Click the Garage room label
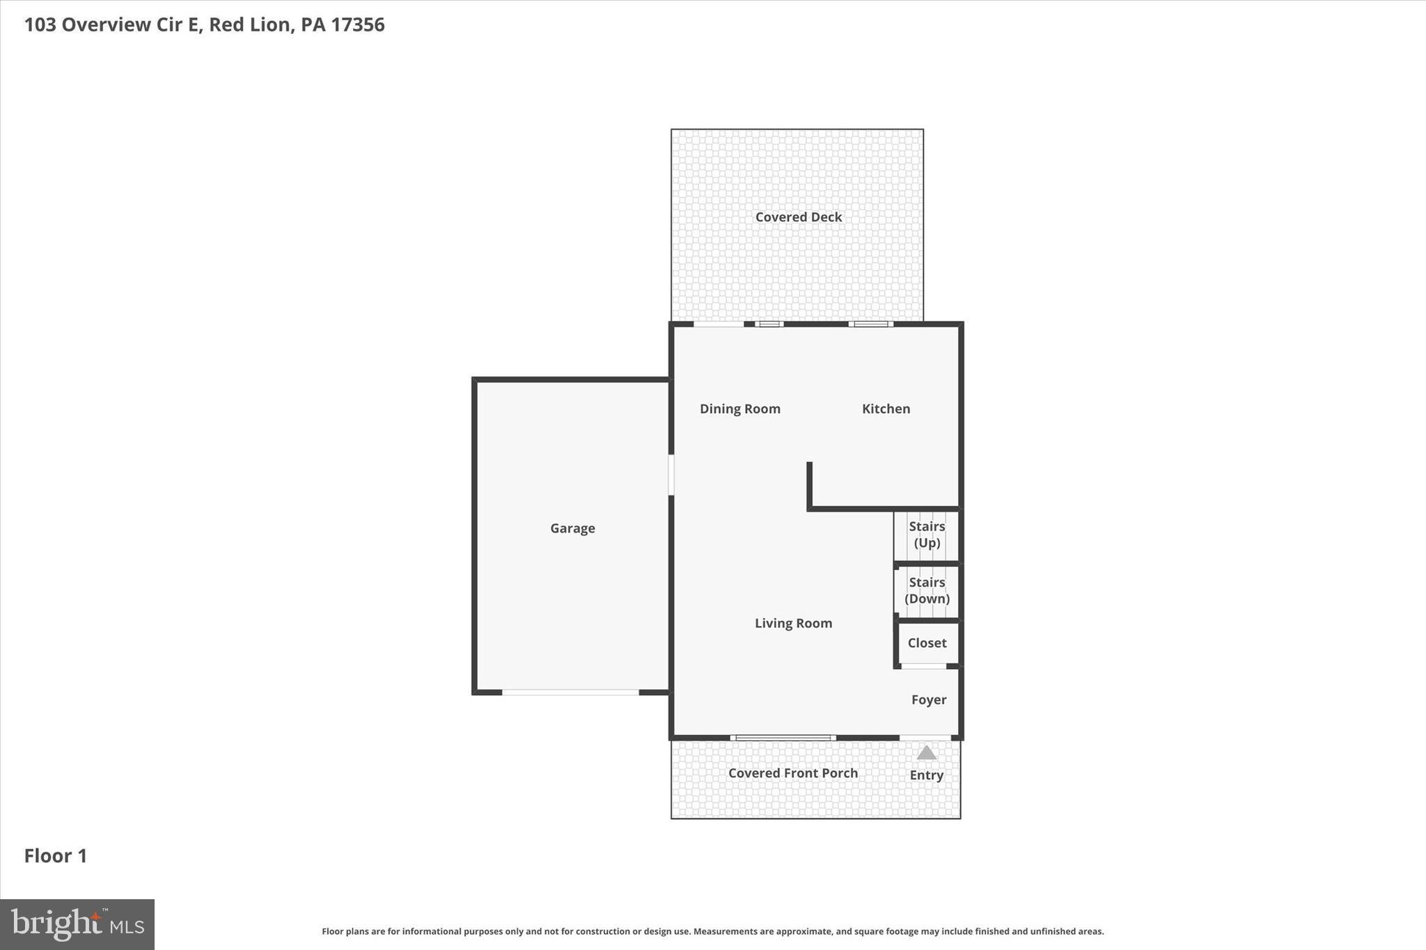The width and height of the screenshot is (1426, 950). (572, 528)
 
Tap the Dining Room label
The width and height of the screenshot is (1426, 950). (739, 409)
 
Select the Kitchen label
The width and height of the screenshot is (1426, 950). (886, 409)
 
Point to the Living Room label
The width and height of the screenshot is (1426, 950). (793, 623)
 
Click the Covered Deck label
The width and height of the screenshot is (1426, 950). (799, 217)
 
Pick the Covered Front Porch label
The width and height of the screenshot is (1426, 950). (792, 773)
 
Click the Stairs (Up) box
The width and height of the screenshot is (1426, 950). (927, 535)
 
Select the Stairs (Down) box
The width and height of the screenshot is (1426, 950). (927, 591)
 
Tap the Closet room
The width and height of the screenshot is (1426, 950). (927, 643)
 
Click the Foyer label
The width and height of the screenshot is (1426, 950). (929, 699)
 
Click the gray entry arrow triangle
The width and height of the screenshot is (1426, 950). (926, 753)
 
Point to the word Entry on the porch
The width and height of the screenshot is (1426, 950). (926, 775)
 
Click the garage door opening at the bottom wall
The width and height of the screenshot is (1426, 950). (570, 692)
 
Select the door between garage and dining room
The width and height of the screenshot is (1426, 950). (671, 475)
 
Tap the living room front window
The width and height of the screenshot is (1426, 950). (783, 738)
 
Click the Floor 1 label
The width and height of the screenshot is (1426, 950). (56, 856)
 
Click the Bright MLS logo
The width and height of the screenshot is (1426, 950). (77, 924)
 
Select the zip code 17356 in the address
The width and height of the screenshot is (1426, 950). (358, 25)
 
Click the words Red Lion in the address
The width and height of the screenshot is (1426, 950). (249, 25)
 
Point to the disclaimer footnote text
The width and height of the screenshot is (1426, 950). (712, 931)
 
